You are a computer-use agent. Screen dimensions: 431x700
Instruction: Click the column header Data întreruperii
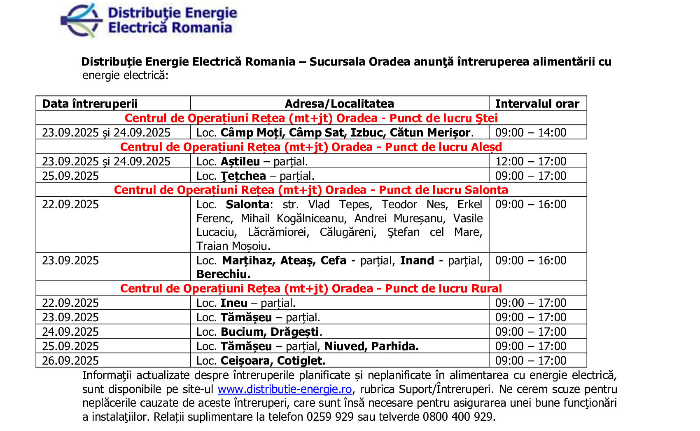[90, 104]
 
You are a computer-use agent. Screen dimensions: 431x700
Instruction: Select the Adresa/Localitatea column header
[339, 104]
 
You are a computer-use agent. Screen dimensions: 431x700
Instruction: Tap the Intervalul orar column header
[537, 104]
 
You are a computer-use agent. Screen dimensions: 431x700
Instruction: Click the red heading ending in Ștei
[311, 118]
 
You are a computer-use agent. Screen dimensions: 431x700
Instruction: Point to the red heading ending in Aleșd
[311, 147]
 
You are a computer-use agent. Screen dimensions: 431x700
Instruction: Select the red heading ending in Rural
[311, 289]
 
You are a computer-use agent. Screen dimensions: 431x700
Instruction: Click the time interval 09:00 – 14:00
[531, 133]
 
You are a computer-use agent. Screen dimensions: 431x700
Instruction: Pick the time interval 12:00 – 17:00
[531, 162]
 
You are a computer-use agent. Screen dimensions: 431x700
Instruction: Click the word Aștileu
[240, 162]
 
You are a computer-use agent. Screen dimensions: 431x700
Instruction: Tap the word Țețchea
[243, 176]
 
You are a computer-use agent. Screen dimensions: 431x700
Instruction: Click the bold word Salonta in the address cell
[247, 205]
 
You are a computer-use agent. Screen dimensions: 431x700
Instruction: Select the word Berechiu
[223, 274]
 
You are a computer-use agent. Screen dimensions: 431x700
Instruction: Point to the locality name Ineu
[234, 303]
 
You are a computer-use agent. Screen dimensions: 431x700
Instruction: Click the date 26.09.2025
[70, 361]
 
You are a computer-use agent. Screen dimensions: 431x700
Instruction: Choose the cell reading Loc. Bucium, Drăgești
[259, 332]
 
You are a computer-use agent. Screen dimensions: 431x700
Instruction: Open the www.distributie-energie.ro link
[285, 389]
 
